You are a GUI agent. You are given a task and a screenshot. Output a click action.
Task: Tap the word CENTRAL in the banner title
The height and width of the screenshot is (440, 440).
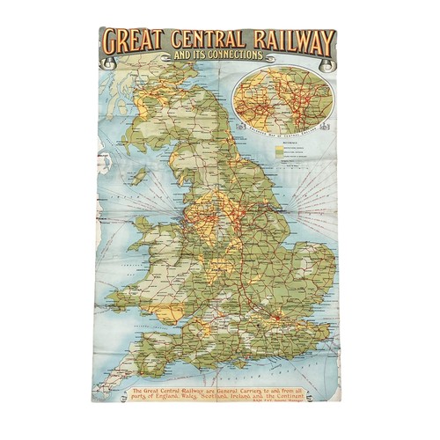[205, 40]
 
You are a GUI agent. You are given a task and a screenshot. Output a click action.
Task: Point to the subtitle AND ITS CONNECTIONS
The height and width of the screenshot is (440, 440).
[218, 56]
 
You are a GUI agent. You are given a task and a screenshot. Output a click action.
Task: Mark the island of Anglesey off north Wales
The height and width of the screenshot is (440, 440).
[158, 236]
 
